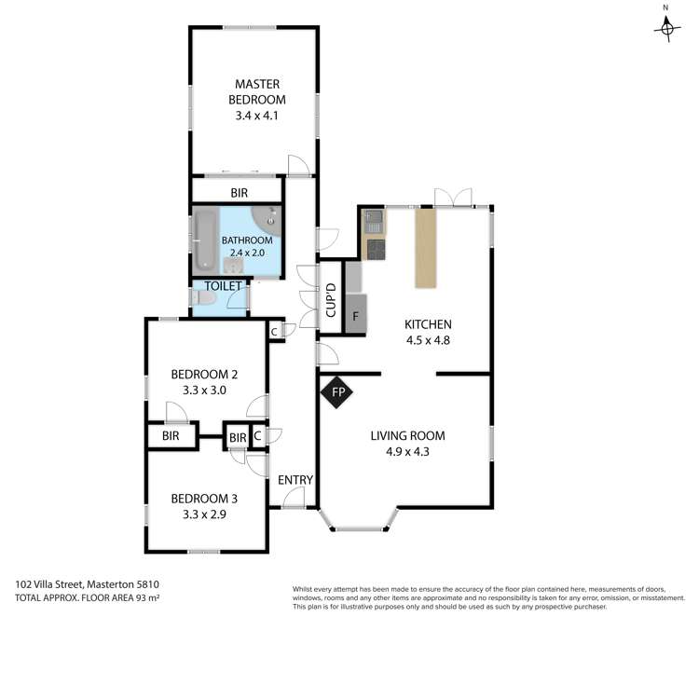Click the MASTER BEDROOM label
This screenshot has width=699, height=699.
coord(257,91)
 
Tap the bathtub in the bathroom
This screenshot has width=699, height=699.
coord(205,240)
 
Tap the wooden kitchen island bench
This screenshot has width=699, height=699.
coord(425,248)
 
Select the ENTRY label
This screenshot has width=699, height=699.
coord(295,480)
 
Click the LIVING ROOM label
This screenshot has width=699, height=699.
coord(407,435)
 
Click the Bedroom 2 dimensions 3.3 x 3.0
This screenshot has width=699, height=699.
coord(204,391)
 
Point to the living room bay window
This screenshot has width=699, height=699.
coord(360,528)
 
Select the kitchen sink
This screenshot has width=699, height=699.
coord(373,222)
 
